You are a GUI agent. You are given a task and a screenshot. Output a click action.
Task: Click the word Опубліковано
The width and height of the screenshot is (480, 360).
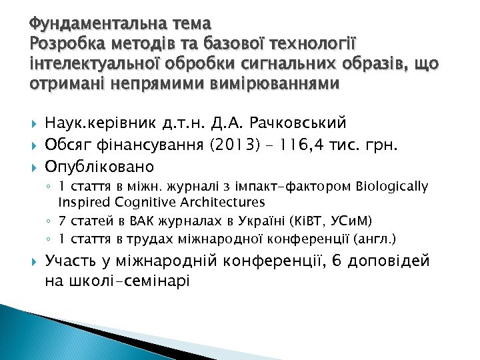click(x=99, y=165)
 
